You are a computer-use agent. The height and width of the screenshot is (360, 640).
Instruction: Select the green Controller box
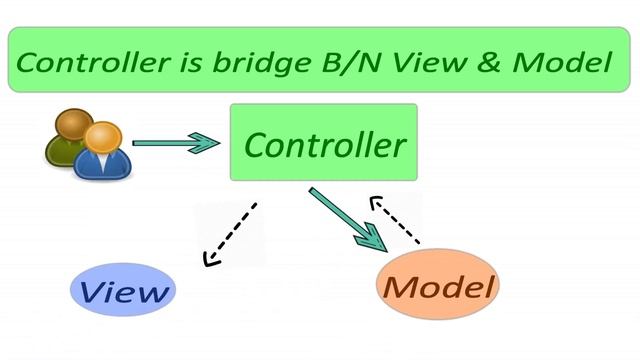pyautogui.click(x=323, y=143)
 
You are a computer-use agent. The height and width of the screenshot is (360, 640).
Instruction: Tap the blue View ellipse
pyautogui.click(x=121, y=291)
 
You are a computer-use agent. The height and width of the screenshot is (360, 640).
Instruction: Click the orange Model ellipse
pyautogui.click(x=438, y=287)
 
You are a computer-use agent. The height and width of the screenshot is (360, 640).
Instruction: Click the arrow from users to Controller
pyautogui.click(x=175, y=143)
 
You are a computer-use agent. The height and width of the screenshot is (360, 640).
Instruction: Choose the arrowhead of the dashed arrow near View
pyautogui.click(x=210, y=259)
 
